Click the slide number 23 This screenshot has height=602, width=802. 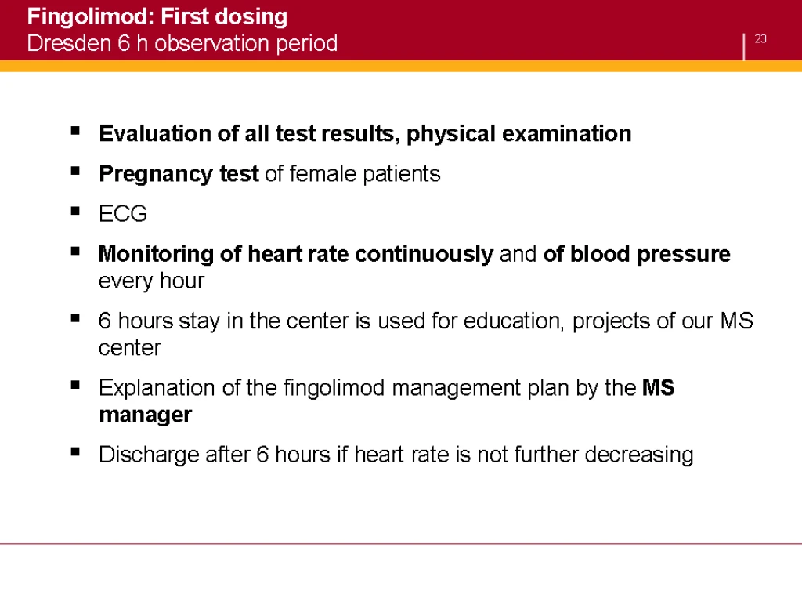(x=760, y=39)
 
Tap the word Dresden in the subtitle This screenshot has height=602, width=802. (x=69, y=43)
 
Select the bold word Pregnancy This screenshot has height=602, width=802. (x=156, y=175)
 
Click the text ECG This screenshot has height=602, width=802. (x=123, y=213)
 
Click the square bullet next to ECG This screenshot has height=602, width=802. (x=76, y=210)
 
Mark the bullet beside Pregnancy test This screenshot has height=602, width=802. (x=76, y=170)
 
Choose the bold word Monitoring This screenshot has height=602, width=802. (x=156, y=255)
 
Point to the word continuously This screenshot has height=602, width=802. (x=424, y=255)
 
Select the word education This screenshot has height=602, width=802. (x=514, y=321)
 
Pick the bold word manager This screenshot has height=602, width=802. (x=145, y=415)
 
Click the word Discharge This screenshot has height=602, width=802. (x=149, y=455)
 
